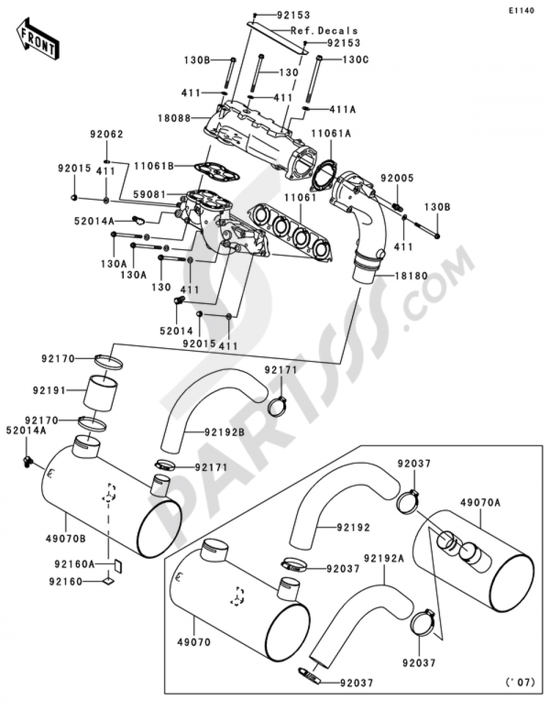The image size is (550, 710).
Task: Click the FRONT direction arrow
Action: [37, 39]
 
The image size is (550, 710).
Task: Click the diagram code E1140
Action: [520, 10]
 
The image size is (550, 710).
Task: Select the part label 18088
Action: [190, 118]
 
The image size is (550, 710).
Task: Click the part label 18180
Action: [410, 276]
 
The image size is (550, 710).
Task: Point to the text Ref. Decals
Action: [324, 31]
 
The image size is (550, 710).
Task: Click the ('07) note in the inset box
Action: [519, 683]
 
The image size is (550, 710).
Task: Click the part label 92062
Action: [107, 134]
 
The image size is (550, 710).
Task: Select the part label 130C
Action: [355, 59]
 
